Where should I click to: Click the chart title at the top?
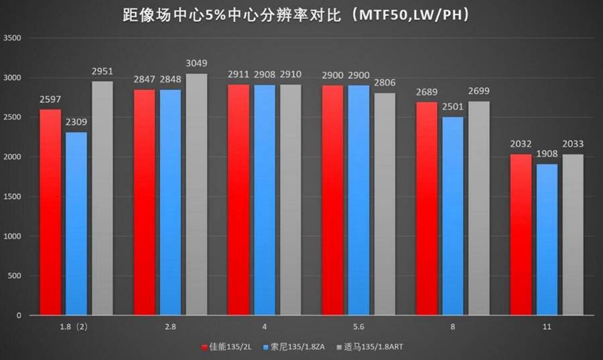tap(295, 15)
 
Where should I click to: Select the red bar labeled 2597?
tap(50, 212)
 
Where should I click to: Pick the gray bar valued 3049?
tap(196, 194)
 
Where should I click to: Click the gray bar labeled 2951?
tap(102, 198)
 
